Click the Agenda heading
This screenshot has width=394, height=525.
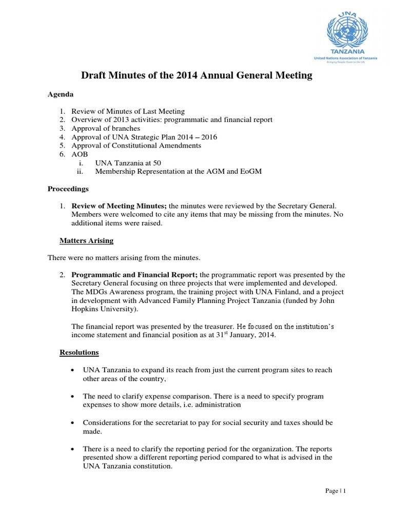61,95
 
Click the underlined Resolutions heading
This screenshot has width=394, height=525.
79,353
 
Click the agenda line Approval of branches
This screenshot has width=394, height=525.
106,128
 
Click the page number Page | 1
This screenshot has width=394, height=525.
336,491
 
